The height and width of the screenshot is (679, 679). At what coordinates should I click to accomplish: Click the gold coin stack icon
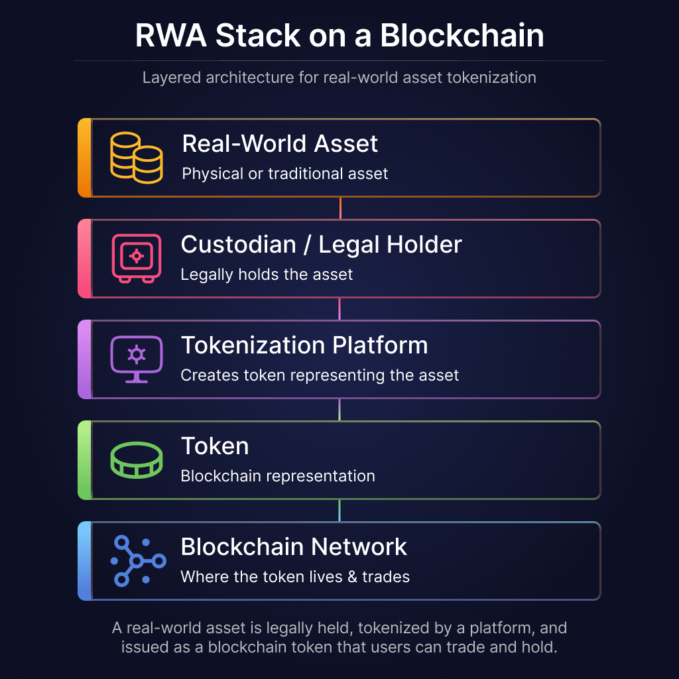136,158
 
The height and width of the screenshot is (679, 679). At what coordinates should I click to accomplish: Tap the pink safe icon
136,258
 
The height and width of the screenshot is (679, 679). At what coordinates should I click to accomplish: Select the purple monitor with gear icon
136,359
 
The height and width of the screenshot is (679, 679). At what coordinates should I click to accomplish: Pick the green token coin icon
136,460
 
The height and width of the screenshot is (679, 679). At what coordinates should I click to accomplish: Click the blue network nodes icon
137,561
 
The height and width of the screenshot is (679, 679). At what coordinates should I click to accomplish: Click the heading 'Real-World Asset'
280,144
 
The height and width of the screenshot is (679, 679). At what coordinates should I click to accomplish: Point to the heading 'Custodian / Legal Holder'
321,245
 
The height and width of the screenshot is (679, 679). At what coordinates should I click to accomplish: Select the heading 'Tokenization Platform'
304,345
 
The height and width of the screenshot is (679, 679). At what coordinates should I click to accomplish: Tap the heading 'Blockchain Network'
294,547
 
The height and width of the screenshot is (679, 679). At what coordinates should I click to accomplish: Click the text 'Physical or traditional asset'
285,174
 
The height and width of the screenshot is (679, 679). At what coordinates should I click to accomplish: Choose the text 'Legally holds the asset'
267,275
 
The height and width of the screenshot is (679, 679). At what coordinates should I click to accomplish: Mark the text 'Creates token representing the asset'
320,375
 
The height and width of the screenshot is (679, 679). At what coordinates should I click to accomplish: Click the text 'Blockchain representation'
278,476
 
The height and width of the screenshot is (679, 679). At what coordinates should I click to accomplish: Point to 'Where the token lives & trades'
295,577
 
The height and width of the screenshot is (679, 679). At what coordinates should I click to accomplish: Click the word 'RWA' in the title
170,35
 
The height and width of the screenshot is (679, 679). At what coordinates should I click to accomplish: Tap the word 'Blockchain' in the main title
462,35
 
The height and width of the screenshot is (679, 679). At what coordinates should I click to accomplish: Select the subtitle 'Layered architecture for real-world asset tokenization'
339,78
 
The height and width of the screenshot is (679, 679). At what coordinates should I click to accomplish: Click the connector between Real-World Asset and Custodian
340,208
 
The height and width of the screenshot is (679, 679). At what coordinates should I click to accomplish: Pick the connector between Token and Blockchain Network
339,511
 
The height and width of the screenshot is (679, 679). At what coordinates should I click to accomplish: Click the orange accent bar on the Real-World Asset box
84,158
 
